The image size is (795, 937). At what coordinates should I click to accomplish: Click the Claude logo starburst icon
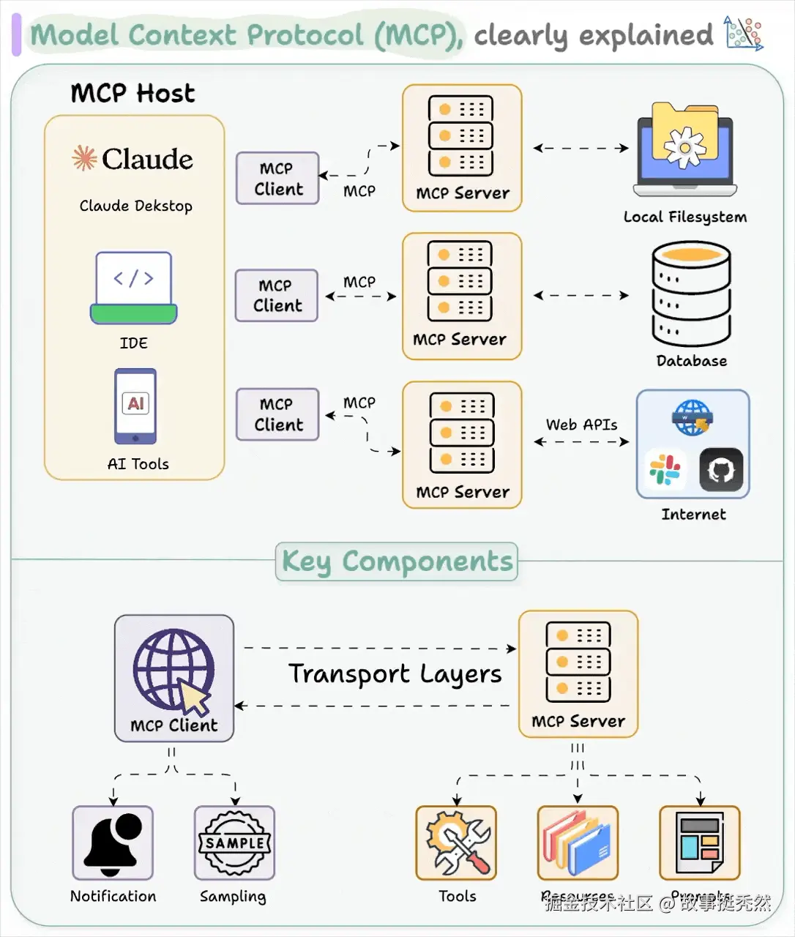point(84,158)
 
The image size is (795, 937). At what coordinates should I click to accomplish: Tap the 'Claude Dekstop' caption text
point(135,206)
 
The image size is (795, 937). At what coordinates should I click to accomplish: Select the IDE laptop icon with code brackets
point(134,288)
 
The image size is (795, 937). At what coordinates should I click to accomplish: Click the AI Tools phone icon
point(135,406)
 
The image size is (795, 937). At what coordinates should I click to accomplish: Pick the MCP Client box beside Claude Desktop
point(277,179)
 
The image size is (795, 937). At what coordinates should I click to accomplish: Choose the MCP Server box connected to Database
point(462,296)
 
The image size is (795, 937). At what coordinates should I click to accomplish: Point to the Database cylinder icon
point(691,294)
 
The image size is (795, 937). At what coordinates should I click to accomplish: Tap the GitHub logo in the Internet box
point(721,470)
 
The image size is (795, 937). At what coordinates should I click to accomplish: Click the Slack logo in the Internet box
point(665,470)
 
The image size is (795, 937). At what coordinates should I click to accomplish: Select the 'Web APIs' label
point(581,425)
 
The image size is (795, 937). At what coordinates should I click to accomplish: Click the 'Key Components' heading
point(397,561)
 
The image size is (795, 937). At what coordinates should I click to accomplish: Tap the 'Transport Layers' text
point(395,674)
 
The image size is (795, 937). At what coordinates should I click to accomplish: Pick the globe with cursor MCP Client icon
point(173,671)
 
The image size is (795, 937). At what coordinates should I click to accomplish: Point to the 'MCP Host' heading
point(132,94)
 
